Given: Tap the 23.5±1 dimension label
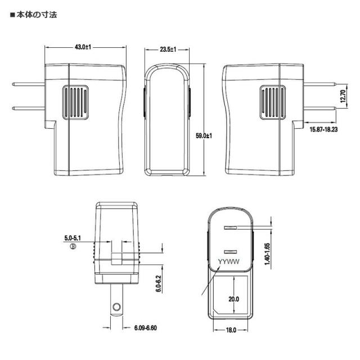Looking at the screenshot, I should click(x=168, y=49).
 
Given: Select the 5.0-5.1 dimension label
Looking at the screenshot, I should click(x=73, y=238).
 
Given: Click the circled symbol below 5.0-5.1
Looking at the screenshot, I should click(x=72, y=246).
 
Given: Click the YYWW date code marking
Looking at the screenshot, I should click(x=230, y=262).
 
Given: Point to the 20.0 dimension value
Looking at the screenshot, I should click(x=233, y=300).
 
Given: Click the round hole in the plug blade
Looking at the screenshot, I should click(x=116, y=307).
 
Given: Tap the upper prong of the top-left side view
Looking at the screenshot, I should click(x=28, y=85).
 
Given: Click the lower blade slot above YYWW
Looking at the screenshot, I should click(x=231, y=251).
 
